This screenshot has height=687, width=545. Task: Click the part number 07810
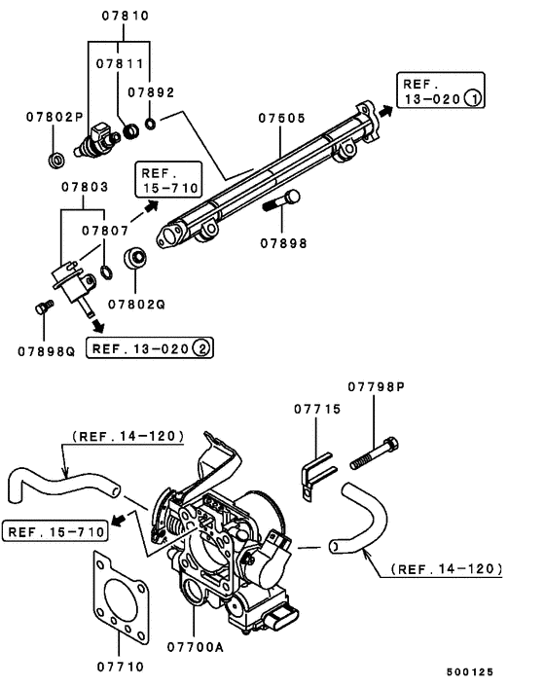tap(123, 17)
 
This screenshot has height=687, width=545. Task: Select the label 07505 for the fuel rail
tap(282, 119)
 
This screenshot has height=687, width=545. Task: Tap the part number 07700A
tap(195, 645)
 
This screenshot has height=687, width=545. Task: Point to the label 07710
tap(120, 667)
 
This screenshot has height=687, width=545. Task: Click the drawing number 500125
tap(472, 670)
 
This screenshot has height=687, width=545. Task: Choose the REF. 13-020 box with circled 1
tap(438, 90)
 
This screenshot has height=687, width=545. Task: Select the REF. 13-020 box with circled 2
tap(150, 346)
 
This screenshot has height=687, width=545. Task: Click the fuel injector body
tap(101, 143)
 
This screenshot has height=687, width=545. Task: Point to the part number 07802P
tap(54, 117)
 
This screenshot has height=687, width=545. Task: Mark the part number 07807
tap(106, 232)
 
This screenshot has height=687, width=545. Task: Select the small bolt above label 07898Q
tap(40, 308)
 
